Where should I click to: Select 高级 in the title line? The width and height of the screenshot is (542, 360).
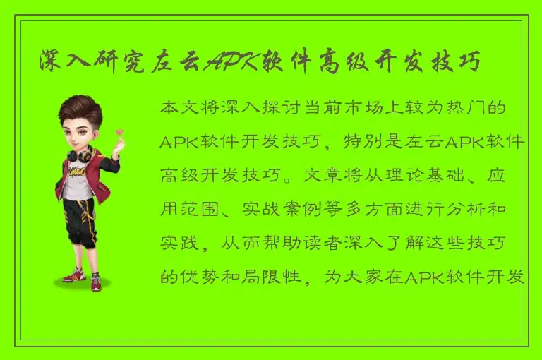[332, 63]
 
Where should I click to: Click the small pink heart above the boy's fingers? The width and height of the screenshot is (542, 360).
[120, 131]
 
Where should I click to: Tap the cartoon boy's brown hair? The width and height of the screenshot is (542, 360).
[78, 109]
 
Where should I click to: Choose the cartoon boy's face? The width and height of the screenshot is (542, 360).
[81, 131]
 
